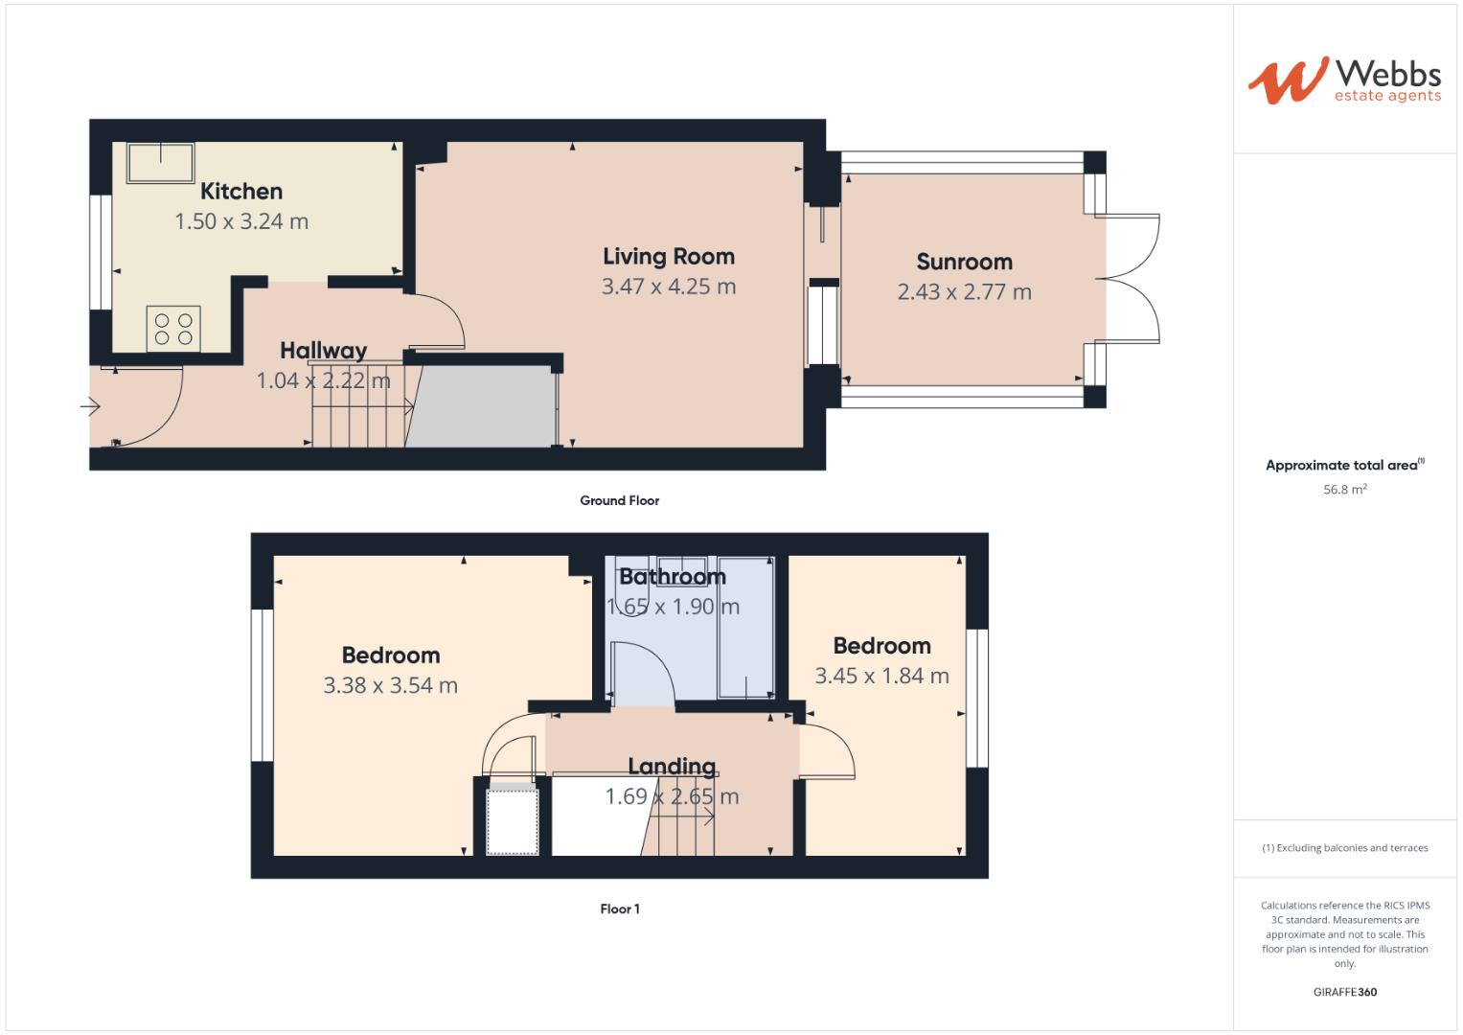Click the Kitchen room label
click(241, 192)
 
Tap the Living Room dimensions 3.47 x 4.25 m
click(669, 287)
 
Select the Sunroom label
click(964, 262)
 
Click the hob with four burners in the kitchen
click(173, 329)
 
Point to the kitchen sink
click(160, 162)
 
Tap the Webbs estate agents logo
click(1344, 80)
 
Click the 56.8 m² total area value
click(1344, 490)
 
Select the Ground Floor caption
click(619, 500)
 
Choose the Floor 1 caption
click(620, 909)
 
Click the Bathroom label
click(673, 577)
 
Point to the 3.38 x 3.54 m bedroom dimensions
click(391, 685)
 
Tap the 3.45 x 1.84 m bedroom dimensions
click(881, 676)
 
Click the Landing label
click(672, 767)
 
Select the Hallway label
click(323, 351)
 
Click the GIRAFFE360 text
click(1344, 992)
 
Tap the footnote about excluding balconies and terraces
click(1344, 848)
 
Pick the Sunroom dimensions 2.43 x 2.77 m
click(964, 292)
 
